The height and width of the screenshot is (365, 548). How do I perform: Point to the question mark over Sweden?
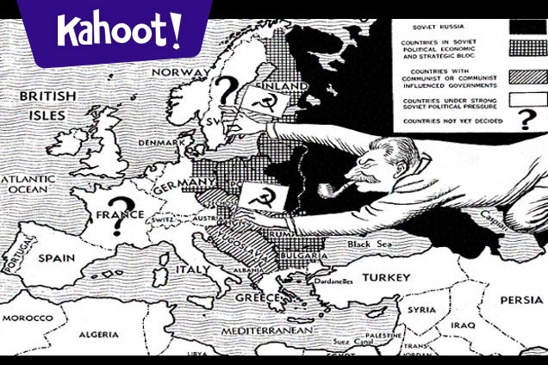tap(226, 89)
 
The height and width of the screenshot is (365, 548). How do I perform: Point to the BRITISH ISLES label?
tap(47, 103)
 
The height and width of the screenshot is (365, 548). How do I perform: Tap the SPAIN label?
tap(56, 257)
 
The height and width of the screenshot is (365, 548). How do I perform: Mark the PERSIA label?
tap(520, 300)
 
